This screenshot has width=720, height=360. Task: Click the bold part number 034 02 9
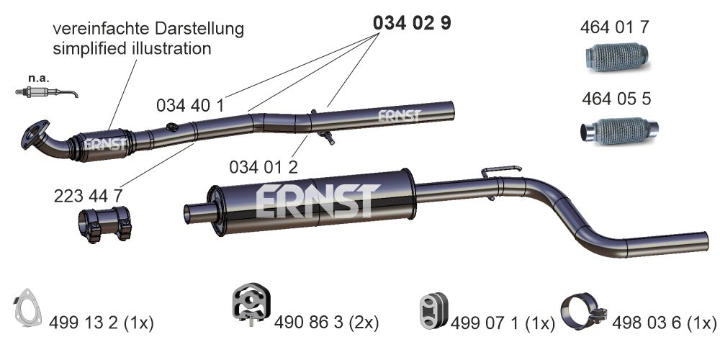pyautogui.click(x=412, y=23)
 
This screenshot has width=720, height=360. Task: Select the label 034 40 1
pyautogui.click(x=190, y=106)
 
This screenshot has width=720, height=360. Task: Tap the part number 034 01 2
pyautogui.click(x=264, y=167)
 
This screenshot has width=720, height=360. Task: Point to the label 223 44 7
pyautogui.click(x=88, y=196)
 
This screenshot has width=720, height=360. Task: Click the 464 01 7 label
pyautogui.click(x=615, y=27)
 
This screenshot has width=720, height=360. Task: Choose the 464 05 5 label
pyautogui.click(x=616, y=99)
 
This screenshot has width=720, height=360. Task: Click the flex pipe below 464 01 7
pyautogui.click(x=617, y=57)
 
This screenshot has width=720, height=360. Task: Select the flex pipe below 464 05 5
pyautogui.click(x=619, y=131)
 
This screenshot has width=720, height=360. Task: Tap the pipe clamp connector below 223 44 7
pyautogui.click(x=104, y=224)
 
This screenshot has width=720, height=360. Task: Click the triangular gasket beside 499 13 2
pyautogui.click(x=27, y=307)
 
